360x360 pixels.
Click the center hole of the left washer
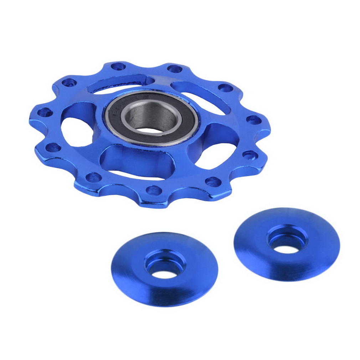(x=164, y=274)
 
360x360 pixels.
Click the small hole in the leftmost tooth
(x=45, y=113)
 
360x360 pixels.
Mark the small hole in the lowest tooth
(x=154, y=190)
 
